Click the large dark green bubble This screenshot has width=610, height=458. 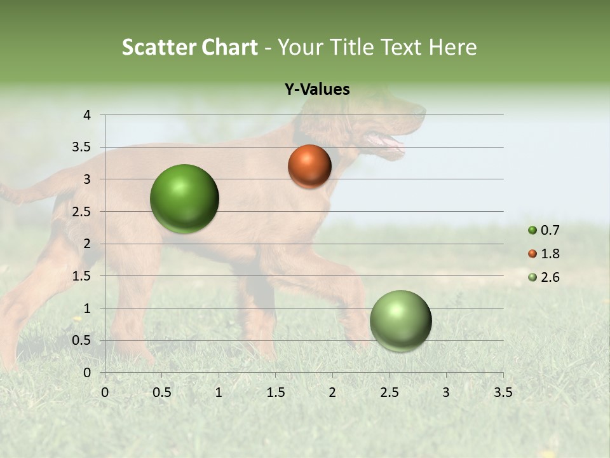[x=184, y=198]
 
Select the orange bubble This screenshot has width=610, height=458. [x=309, y=167]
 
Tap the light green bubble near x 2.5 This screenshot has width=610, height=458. [x=400, y=321]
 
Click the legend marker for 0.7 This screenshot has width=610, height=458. [x=532, y=230]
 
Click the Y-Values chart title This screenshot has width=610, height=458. [x=316, y=90]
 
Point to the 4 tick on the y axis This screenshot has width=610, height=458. [x=87, y=115]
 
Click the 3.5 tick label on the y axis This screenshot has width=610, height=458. [x=82, y=147]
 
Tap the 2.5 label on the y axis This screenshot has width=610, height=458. [x=82, y=212]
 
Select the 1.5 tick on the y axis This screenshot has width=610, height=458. [x=82, y=276]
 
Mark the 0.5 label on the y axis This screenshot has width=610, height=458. [x=82, y=340]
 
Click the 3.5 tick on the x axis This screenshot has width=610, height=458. [x=503, y=392]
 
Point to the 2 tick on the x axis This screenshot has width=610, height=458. [x=332, y=392]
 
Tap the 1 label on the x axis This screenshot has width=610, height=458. [x=219, y=392]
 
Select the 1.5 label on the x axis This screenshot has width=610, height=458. [x=275, y=392]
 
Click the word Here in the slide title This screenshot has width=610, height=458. [x=452, y=47]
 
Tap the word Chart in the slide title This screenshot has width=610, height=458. [x=231, y=47]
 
